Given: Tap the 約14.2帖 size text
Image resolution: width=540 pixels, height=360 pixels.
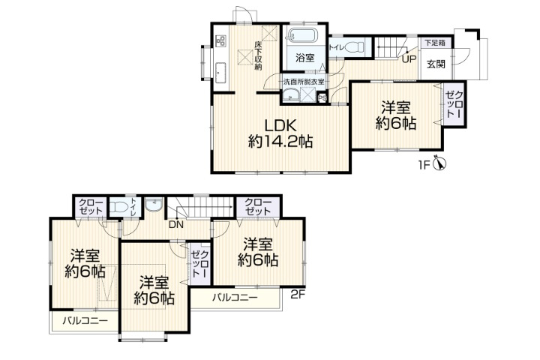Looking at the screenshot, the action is click(x=280, y=141).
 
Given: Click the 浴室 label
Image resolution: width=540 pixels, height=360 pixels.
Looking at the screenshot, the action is click(x=305, y=58).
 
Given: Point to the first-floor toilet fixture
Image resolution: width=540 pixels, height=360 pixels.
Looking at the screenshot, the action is click(x=354, y=46).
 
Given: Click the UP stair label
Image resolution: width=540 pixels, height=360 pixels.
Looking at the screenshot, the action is click(x=409, y=59).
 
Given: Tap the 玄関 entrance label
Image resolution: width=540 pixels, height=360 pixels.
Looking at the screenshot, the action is click(x=436, y=64).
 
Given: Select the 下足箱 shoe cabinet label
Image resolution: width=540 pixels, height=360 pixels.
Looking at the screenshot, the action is click(x=434, y=43).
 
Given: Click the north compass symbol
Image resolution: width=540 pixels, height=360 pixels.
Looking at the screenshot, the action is click(x=439, y=163).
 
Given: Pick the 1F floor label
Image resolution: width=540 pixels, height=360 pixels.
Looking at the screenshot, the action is click(x=424, y=166).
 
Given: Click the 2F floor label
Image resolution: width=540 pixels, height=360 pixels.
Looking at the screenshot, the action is click(x=298, y=295).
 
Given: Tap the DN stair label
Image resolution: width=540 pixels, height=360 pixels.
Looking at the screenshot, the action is click(x=175, y=224).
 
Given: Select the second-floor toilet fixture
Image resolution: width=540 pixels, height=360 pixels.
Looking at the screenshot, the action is click(x=118, y=207).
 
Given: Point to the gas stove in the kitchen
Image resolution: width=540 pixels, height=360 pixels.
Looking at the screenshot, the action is click(x=220, y=40).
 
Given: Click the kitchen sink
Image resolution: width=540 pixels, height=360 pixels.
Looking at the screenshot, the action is click(x=220, y=73).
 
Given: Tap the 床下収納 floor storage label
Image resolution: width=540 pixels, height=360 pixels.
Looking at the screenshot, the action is click(x=258, y=56).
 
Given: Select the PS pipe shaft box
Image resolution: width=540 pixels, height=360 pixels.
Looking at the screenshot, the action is click(x=322, y=98).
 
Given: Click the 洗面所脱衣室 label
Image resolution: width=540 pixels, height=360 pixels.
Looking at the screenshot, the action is click(x=304, y=82).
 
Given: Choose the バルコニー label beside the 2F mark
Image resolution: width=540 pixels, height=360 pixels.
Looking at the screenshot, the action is click(x=235, y=297).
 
